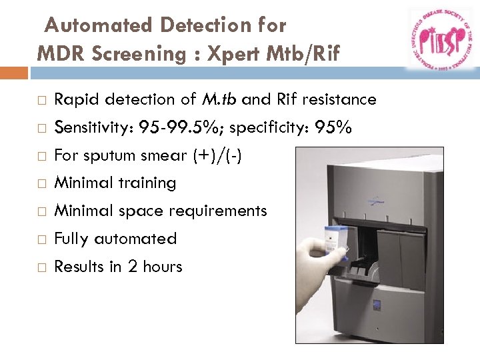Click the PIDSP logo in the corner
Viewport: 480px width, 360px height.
click(x=439, y=39)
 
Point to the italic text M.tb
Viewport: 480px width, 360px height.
click(x=219, y=100)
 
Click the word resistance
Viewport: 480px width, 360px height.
click(x=339, y=100)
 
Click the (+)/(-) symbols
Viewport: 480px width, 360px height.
click(x=217, y=156)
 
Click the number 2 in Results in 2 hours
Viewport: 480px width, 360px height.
click(x=132, y=267)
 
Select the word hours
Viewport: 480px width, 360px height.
click(x=162, y=267)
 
